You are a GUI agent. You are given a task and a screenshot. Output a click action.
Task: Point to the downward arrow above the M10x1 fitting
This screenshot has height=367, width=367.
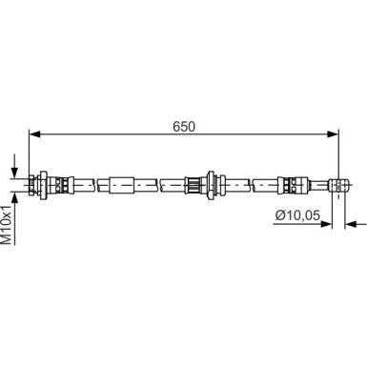coord(14,165)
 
